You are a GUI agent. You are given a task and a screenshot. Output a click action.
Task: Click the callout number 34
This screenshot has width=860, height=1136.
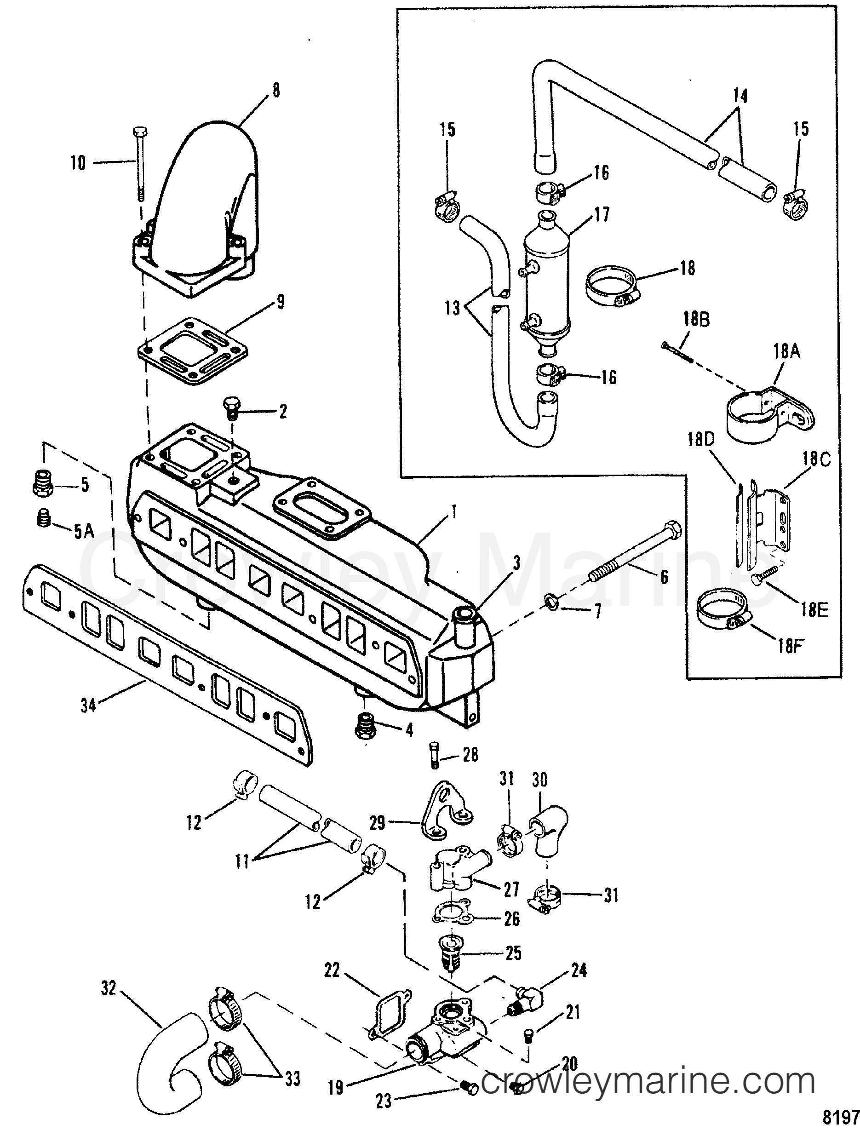point(88,706)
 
